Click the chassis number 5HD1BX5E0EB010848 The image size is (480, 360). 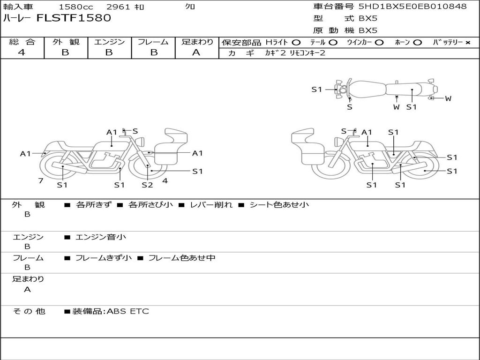pyautogui.click(x=412, y=7)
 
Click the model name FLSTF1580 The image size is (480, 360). pyautogui.click(x=74, y=18)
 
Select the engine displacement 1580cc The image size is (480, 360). pyautogui.click(x=76, y=7)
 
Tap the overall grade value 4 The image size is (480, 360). pyautogui.click(x=22, y=52)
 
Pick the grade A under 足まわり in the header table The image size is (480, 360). pyautogui.click(x=196, y=52)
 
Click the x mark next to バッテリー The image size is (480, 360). pyautogui.click(x=468, y=43)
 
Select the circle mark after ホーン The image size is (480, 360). pyautogui.click(x=417, y=43)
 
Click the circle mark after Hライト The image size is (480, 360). pyautogui.click(x=296, y=43)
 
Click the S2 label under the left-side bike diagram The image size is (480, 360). pyautogui.click(x=147, y=185)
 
